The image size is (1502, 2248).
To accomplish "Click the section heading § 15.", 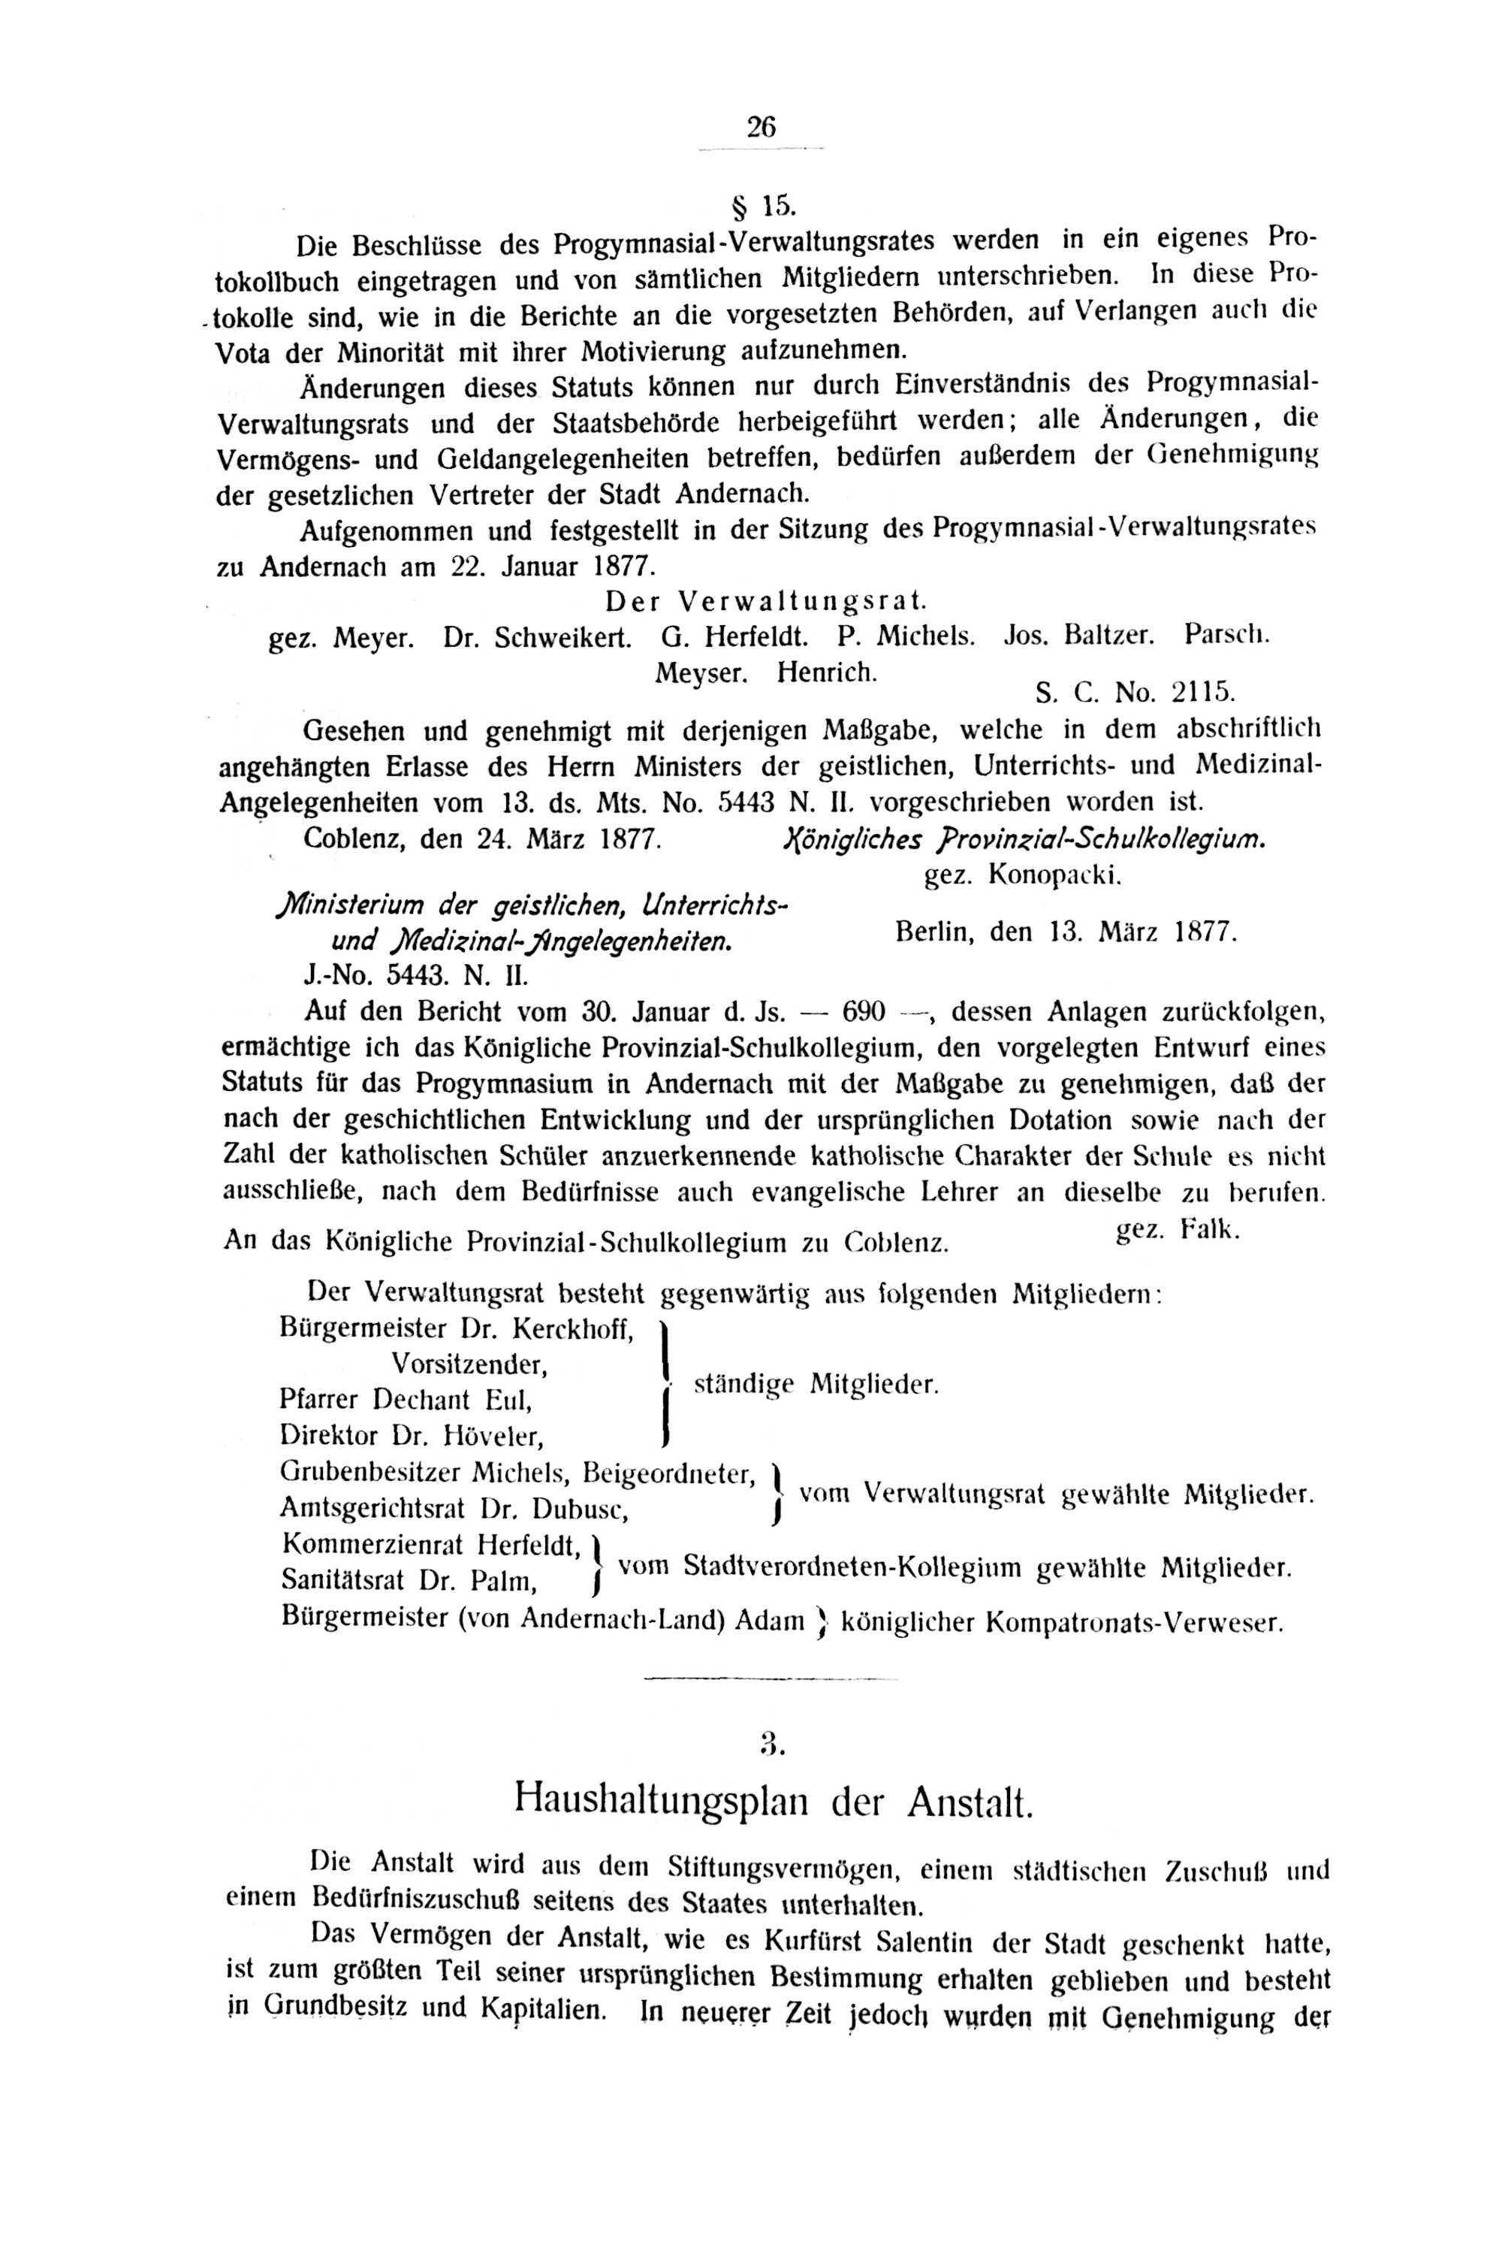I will coord(762,204).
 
